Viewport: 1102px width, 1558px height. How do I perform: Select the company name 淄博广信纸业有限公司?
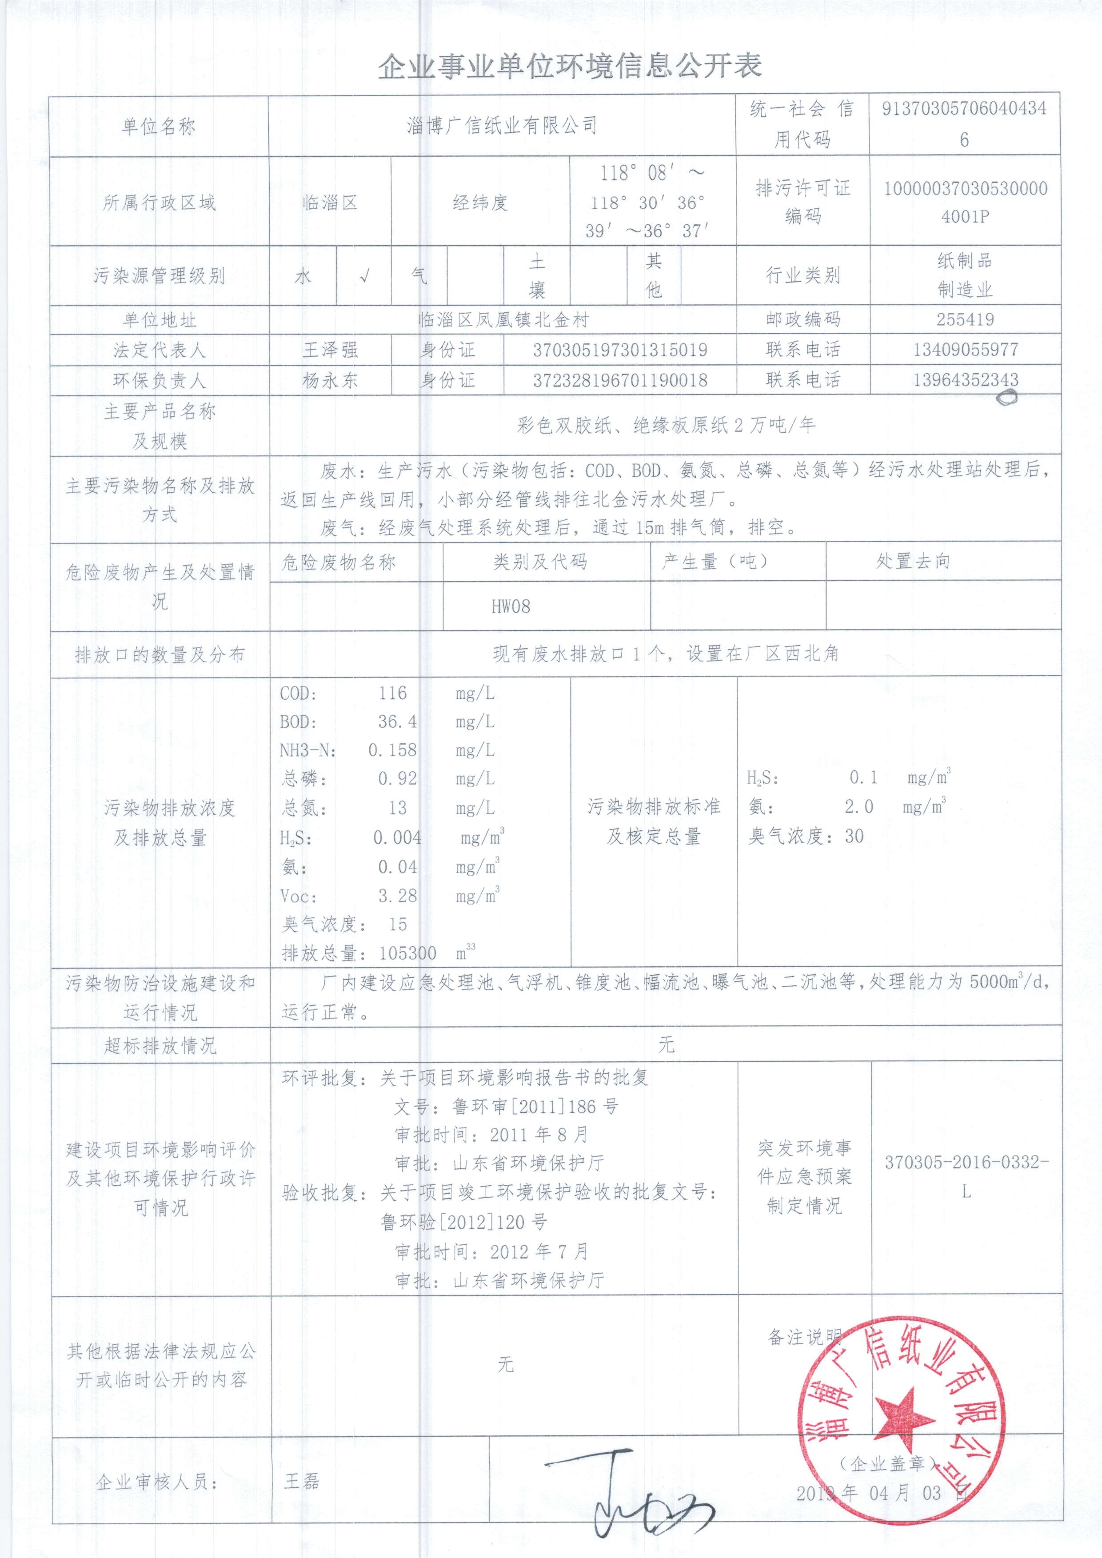(502, 126)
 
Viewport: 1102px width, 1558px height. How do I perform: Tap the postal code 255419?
(965, 319)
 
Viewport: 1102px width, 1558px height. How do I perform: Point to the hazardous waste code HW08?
(511, 606)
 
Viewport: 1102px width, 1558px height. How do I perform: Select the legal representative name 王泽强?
(331, 350)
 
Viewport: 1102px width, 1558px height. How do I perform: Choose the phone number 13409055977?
(965, 350)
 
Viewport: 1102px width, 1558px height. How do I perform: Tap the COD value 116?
(393, 693)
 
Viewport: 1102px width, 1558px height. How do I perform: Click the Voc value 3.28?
(398, 896)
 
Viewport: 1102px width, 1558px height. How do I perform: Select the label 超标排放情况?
(160, 1046)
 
